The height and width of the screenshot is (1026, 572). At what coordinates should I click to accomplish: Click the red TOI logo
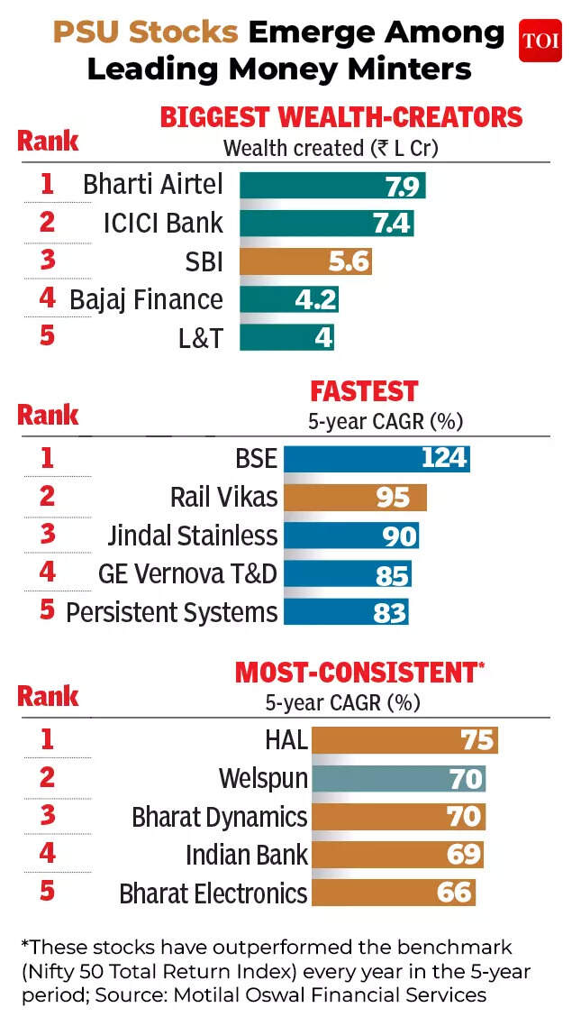(x=540, y=41)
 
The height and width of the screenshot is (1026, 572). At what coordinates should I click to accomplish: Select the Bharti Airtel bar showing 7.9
(x=331, y=185)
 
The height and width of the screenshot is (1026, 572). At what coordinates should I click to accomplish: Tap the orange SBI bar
(x=305, y=261)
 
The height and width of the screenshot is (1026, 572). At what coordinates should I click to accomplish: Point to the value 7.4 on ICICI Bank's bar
(x=392, y=223)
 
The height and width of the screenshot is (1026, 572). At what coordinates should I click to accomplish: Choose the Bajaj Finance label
(x=146, y=299)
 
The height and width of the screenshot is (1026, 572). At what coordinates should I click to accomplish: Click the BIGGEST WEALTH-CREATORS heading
(x=340, y=117)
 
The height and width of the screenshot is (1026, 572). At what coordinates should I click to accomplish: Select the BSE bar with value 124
(x=377, y=458)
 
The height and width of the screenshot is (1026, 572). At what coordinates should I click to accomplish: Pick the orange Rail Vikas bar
(x=355, y=497)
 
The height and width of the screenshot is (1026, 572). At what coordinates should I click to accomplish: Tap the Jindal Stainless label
(x=192, y=536)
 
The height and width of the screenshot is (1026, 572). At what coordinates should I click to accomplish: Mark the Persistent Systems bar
(x=346, y=612)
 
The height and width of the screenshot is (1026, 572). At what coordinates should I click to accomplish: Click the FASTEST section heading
(x=364, y=391)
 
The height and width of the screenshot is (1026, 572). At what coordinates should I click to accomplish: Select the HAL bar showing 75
(x=404, y=740)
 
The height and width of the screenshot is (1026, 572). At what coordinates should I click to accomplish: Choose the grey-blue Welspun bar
(x=397, y=779)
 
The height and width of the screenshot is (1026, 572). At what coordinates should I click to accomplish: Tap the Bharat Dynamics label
(x=220, y=817)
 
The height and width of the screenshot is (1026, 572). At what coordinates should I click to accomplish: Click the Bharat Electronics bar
(x=392, y=893)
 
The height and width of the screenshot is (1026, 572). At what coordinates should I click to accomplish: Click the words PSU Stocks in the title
(x=145, y=33)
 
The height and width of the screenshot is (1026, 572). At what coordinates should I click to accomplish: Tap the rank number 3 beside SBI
(x=47, y=261)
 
